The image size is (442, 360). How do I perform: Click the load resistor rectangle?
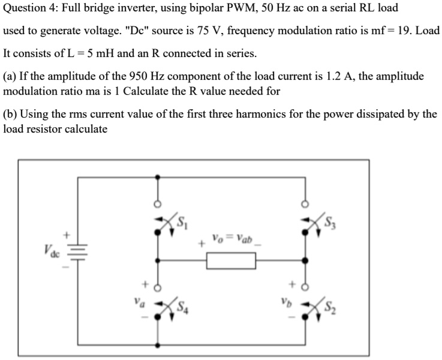point(231,261)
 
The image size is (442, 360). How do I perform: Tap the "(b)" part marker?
point(10,115)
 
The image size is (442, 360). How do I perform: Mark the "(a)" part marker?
point(10,76)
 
